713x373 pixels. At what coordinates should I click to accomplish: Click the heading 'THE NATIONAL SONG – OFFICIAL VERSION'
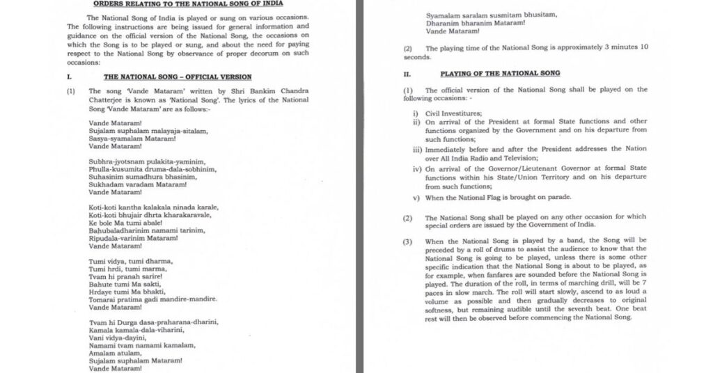coord(177,77)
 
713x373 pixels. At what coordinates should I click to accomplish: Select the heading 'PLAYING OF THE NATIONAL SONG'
coord(500,73)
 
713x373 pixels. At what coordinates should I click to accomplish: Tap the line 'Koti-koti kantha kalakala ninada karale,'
coord(154,207)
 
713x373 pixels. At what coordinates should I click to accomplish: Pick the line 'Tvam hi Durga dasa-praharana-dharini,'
coord(154,322)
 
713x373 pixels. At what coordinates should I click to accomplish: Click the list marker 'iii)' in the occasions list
coord(416,148)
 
